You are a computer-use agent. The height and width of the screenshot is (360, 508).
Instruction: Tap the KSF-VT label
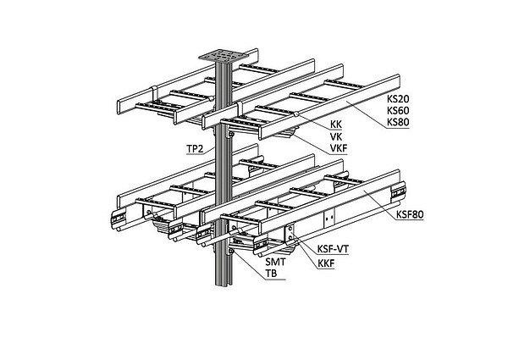point(333,250)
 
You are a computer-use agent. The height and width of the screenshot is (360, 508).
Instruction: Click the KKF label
point(327,264)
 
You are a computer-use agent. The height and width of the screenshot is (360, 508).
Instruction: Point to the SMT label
point(275,264)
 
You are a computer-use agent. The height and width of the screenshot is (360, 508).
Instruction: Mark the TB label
point(272,275)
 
